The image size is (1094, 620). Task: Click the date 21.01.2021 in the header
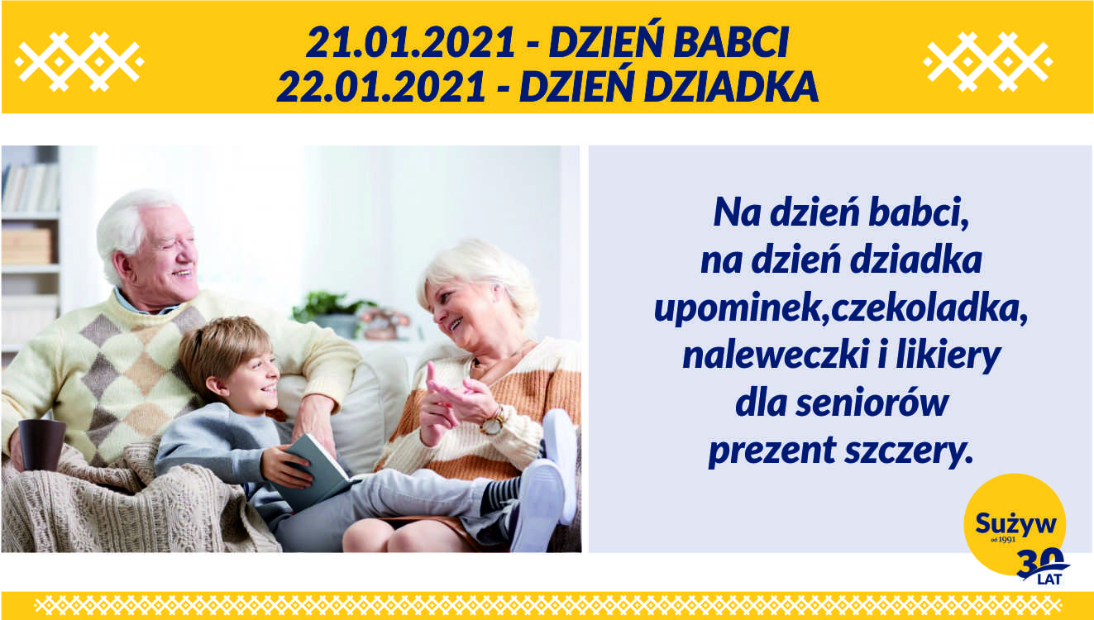point(410,42)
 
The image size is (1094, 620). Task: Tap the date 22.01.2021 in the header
point(381,87)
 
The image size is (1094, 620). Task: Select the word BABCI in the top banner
point(731,42)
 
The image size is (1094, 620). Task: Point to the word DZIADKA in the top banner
point(731,87)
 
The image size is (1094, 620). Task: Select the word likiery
point(948,357)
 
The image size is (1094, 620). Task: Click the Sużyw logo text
point(1015,523)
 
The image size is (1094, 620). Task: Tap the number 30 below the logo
point(1039,563)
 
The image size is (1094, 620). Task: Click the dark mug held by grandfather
point(41,444)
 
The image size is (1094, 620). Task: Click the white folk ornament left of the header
point(79,61)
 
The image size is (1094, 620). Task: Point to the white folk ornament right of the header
point(988,61)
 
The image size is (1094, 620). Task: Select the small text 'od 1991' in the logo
point(1003,540)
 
